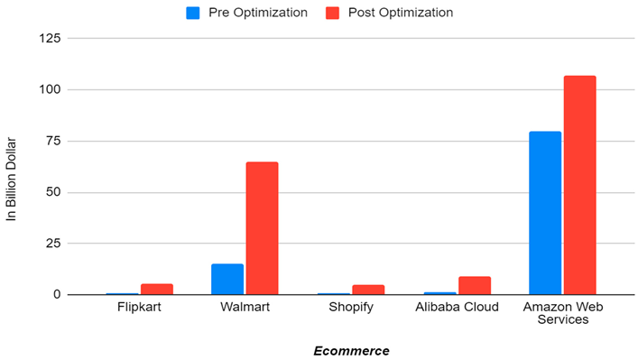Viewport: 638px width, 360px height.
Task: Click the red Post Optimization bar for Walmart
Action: pyautogui.click(x=262, y=228)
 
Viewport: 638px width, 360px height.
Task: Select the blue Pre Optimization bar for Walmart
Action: pyautogui.click(x=227, y=279)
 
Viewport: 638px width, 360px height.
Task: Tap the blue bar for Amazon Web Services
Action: pyautogui.click(x=545, y=213)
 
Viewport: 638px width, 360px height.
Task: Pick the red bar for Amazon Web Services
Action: pyautogui.click(x=579, y=185)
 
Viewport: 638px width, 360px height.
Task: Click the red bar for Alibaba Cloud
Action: pyautogui.click(x=474, y=285)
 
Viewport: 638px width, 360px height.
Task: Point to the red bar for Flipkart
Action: pyautogui.click(x=156, y=289)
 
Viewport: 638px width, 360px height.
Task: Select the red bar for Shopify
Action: pyautogui.click(x=368, y=290)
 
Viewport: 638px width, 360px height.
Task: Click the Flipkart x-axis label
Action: pyautogui.click(x=140, y=309)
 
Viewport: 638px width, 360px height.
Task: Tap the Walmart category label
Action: pyautogui.click(x=245, y=309)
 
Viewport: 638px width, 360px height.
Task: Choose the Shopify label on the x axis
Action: pyautogui.click(x=351, y=309)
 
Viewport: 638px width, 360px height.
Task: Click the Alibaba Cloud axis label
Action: pyautogui.click(x=457, y=309)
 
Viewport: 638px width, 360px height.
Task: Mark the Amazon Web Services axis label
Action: pyautogui.click(x=562, y=315)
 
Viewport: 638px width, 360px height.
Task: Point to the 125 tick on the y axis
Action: pyautogui.click(x=51, y=39)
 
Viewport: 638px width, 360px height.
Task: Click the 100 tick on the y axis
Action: pyautogui.click(x=51, y=90)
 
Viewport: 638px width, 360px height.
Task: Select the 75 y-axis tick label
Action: pyautogui.click(x=54, y=142)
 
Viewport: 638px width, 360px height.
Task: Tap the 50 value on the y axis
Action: pyautogui.click(x=54, y=192)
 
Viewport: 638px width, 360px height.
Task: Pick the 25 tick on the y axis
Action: pyautogui.click(x=54, y=244)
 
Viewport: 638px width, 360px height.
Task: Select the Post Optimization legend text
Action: pyautogui.click(x=401, y=13)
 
